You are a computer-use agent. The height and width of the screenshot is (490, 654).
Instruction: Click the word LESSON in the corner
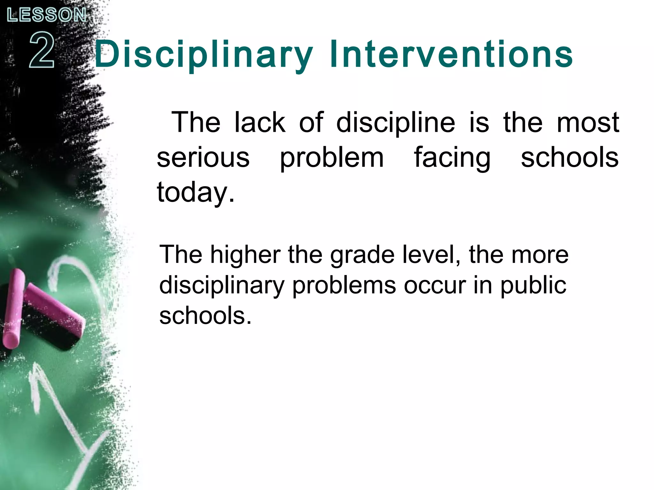pyautogui.click(x=47, y=15)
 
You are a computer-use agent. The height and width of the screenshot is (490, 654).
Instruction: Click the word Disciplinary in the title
pyautogui.click(x=203, y=55)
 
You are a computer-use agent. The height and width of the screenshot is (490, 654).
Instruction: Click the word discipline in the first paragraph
pyautogui.click(x=396, y=123)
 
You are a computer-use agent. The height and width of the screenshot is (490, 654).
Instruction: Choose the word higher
pyautogui.click(x=245, y=255)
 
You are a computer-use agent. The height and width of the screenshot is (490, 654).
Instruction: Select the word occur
pyautogui.click(x=435, y=286)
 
